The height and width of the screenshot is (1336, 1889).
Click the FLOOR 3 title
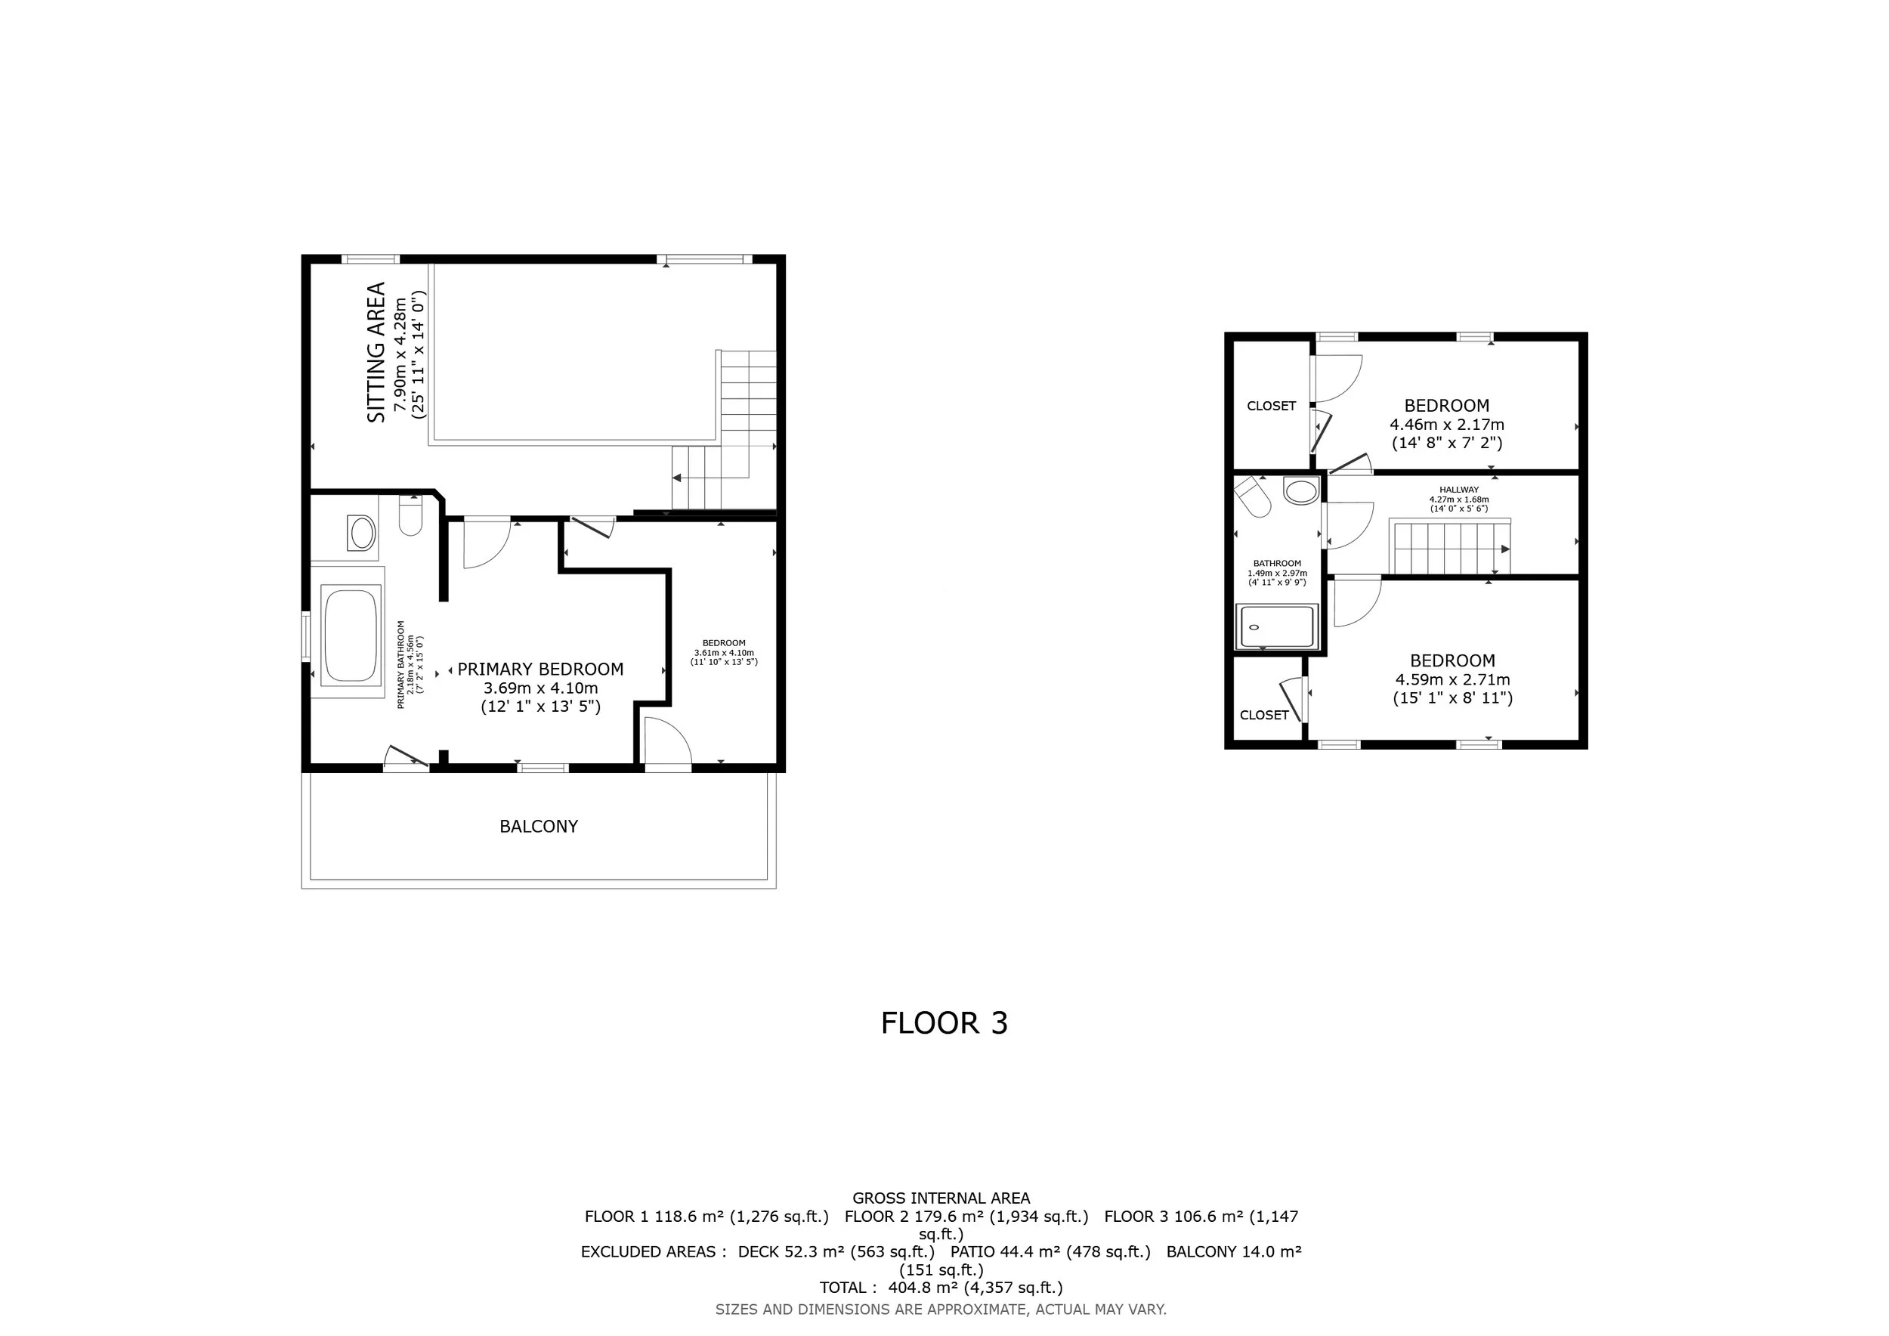[x=944, y=1022]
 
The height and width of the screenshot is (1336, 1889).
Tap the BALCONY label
[x=539, y=826]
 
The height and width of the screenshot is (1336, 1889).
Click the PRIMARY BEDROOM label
[x=540, y=669]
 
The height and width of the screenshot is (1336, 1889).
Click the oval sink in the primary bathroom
[x=362, y=533]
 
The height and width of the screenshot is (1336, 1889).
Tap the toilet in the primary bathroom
[x=410, y=516]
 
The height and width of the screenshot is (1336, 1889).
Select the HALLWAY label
[x=1459, y=490]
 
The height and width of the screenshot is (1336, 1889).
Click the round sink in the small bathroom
[x=1302, y=492]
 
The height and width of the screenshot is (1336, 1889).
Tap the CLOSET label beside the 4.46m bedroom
[x=1271, y=406]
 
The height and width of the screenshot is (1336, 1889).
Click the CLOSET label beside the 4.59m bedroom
[x=1265, y=715]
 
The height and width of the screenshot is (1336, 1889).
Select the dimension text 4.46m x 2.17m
[x=1447, y=425]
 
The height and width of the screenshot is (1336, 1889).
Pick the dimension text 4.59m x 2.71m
[x=1453, y=679]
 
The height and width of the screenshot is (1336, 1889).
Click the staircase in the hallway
[x=1450, y=547]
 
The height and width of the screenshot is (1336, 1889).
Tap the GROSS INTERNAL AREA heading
[x=941, y=1198]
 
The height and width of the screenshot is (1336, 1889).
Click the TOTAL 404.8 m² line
[x=941, y=1288]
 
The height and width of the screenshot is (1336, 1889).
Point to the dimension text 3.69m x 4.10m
[x=540, y=688]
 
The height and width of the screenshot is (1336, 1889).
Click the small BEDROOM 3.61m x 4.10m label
[x=724, y=651]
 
